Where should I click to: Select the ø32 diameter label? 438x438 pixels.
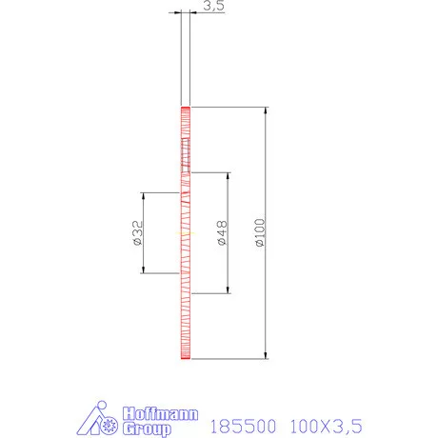point(138,233)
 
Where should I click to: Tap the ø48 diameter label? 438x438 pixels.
point(222,233)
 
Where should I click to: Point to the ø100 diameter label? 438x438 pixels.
point(260,233)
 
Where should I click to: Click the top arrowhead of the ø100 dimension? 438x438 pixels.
point(266,111)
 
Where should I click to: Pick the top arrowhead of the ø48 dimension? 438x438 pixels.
point(228,177)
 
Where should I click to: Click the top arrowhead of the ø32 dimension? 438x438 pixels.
point(143,196)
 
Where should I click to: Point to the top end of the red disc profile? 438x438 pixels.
point(185,108)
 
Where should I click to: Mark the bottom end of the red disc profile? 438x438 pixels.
point(185,359)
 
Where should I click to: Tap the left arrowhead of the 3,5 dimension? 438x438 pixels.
point(176,12)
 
